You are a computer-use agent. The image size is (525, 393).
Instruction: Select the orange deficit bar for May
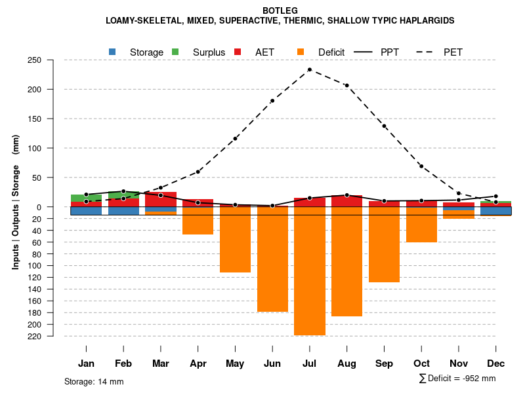coord(235,239)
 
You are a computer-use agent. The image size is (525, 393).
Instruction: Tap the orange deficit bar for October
coord(421,224)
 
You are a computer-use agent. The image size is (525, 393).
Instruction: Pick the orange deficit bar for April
coord(198,221)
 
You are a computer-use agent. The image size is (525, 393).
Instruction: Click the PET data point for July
coord(310,69)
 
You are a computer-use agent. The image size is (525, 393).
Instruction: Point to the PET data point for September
coord(384,126)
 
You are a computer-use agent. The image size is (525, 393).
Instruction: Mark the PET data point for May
coord(235,139)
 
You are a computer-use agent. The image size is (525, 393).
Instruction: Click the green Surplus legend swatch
coord(175,52)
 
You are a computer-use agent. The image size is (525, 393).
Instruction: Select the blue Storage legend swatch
coord(112,52)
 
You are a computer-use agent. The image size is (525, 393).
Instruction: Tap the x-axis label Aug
coord(346,364)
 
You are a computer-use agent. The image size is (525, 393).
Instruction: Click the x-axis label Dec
coord(496,364)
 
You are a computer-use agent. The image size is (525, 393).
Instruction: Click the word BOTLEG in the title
coord(280,10)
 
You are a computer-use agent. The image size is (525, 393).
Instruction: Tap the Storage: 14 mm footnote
coord(94,381)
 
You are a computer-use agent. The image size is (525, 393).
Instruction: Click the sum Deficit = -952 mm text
coord(457,379)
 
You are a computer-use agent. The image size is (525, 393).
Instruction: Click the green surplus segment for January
coord(86,198)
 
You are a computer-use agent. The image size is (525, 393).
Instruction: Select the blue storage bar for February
coord(123,211)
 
